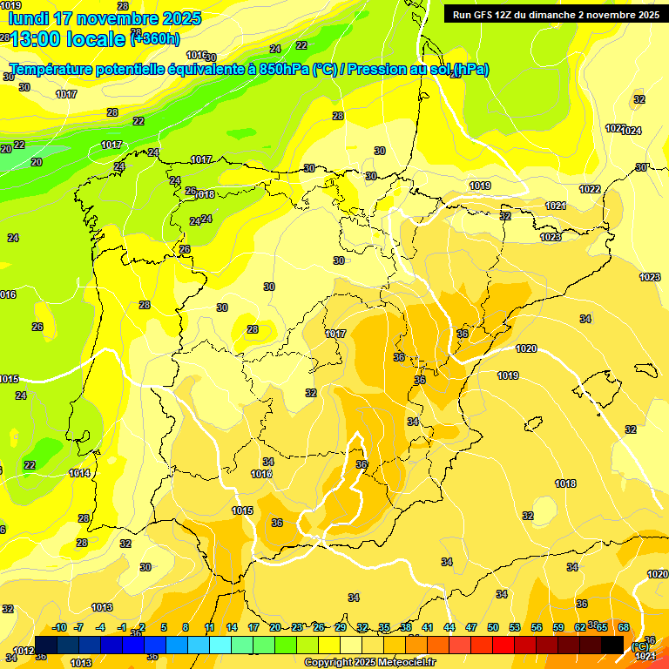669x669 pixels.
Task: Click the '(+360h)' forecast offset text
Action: click(x=155, y=38)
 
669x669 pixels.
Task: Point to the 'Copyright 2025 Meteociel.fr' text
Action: click(x=369, y=663)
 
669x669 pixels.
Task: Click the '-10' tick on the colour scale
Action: click(x=59, y=628)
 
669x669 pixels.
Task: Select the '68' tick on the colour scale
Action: click(x=624, y=628)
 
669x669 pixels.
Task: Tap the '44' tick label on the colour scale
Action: click(x=449, y=628)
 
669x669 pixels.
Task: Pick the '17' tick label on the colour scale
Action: click(x=253, y=628)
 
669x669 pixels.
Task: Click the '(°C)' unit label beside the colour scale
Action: click(x=641, y=646)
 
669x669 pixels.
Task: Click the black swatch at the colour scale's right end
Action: click(x=612, y=645)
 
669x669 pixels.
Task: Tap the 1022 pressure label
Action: click(x=590, y=189)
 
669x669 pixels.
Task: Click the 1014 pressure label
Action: click(x=79, y=473)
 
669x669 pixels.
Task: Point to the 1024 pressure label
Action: click(x=632, y=131)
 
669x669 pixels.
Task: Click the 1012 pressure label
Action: click(x=24, y=651)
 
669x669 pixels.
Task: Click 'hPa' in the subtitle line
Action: click(x=472, y=69)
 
